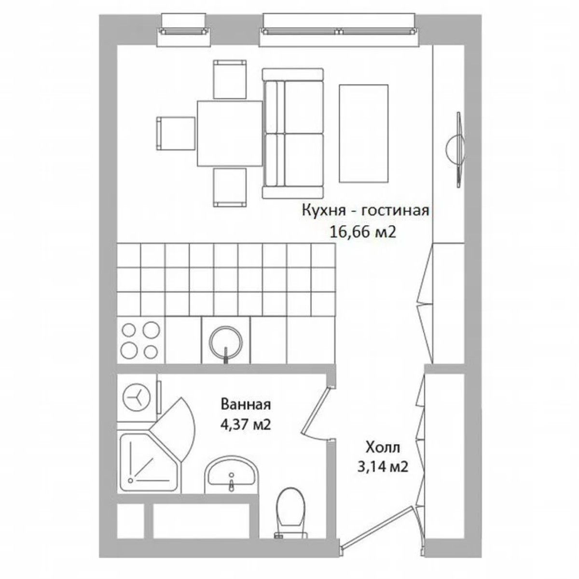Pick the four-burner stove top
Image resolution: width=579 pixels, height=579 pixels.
140,340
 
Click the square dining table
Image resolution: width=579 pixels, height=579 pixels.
229,133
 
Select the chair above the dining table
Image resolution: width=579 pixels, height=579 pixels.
230,79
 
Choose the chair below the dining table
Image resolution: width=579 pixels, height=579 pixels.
230,187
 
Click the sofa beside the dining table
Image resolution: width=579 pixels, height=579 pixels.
292,133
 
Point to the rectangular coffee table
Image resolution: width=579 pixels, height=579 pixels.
363,133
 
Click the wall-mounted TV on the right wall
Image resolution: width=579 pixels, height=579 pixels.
456,148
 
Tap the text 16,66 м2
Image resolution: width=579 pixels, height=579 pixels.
363,233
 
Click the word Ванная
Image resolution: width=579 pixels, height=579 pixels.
246,403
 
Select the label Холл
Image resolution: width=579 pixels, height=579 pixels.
383,447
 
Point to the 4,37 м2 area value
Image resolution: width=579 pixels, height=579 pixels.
245,425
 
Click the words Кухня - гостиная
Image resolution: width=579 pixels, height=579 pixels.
365,211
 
